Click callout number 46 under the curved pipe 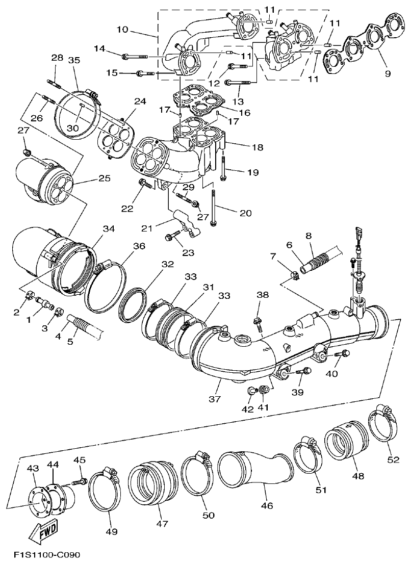pos(267,506)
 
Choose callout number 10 pos(122,30)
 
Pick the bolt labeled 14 pos(135,55)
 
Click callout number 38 pos(262,295)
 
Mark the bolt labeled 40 pos(343,353)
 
